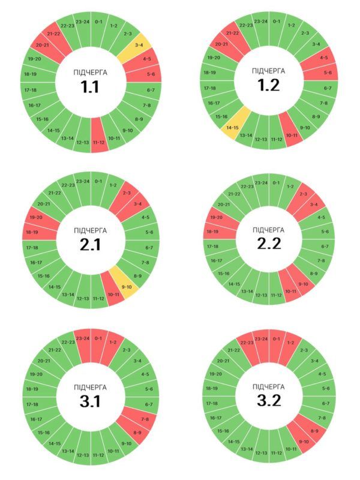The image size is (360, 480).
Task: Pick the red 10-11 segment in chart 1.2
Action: click(x=292, y=136)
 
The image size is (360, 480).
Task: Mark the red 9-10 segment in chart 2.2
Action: click(x=302, y=284)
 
